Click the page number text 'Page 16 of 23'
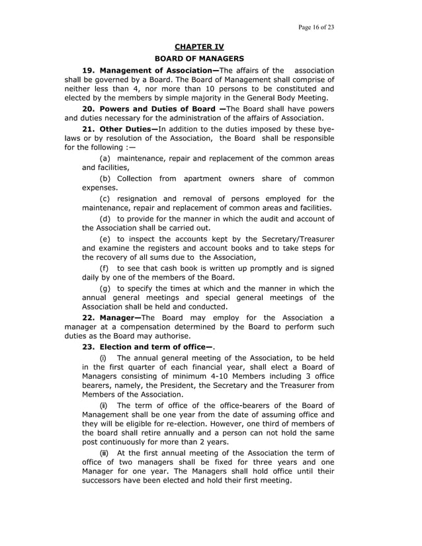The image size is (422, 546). click(x=316, y=27)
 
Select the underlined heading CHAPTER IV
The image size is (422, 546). click(x=199, y=46)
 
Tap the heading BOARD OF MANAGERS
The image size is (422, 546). click(x=199, y=59)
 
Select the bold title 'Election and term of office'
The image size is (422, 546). click(x=150, y=346)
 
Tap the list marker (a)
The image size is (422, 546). click(x=105, y=159)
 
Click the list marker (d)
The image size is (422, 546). click(x=105, y=218)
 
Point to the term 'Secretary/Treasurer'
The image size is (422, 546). click(x=292, y=238)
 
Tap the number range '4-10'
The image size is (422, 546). click(x=206, y=376)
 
